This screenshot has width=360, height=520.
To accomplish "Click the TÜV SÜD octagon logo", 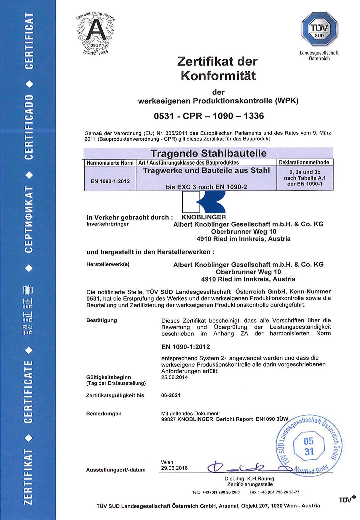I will pyautogui.click(x=319, y=29).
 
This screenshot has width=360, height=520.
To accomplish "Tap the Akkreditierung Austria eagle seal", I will pyautogui.click(x=95, y=33).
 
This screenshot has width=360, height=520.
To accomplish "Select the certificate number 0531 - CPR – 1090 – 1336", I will pyautogui.click(x=209, y=116).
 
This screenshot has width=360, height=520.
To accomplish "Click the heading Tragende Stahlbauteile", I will pyautogui.click(x=208, y=153).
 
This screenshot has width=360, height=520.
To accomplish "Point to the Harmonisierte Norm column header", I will pyautogui.click(x=110, y=163).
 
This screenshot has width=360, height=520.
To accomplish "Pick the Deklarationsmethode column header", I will pyautogui.click(x=304, y=163).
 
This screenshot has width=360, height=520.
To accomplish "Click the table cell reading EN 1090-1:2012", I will pyautogui.click(x=110, y=181).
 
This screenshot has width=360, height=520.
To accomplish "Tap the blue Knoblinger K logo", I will pyautogui.click(x=204, y=202).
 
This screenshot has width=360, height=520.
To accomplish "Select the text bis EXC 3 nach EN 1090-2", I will pyautogui.click(x=206, y=187).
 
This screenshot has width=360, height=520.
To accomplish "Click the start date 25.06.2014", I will pyautogui.click(x=174, y=377).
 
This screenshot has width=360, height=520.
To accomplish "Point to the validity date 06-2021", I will pyautogui.click(x=171, y=395).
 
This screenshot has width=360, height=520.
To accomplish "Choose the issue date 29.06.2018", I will pyautogui.click(x=174, y=468).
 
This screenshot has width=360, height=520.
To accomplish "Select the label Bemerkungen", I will pyautogui.click(x=104, y=414).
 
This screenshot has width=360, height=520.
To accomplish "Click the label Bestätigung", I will pyautogui.click(x=101, y=320).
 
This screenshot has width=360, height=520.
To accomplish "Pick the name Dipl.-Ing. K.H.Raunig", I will pyautogui.click(x=249, y=479).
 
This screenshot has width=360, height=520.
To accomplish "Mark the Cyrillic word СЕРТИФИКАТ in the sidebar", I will pyautogui.click(x=29, y=220).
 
